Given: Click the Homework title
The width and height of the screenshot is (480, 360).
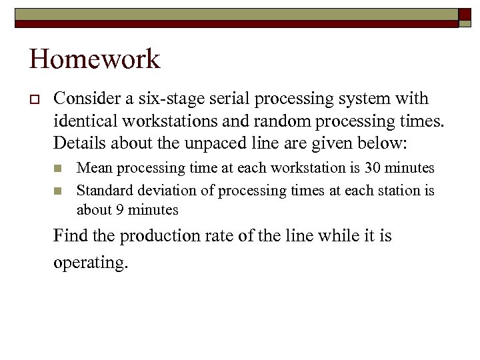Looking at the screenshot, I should (95, 60).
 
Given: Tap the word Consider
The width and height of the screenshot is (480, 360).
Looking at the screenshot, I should (83, 99).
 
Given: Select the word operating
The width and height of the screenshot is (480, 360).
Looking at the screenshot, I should (90, 262).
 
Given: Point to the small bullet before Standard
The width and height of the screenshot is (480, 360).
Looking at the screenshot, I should (59, 191).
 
